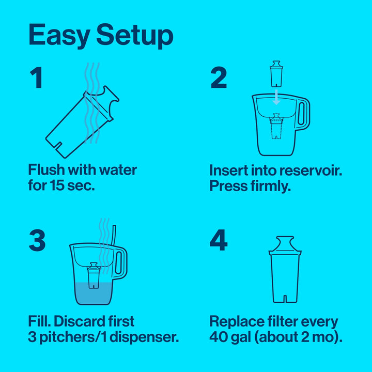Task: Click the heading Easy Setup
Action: (101, 35)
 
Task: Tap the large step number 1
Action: (36, 78)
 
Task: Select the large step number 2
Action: (219, 78)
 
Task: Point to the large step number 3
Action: (37, 241)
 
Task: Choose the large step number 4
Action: (219, 241)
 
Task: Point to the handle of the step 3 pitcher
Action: (120, 263)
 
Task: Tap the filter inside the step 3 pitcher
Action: (94, 274)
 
